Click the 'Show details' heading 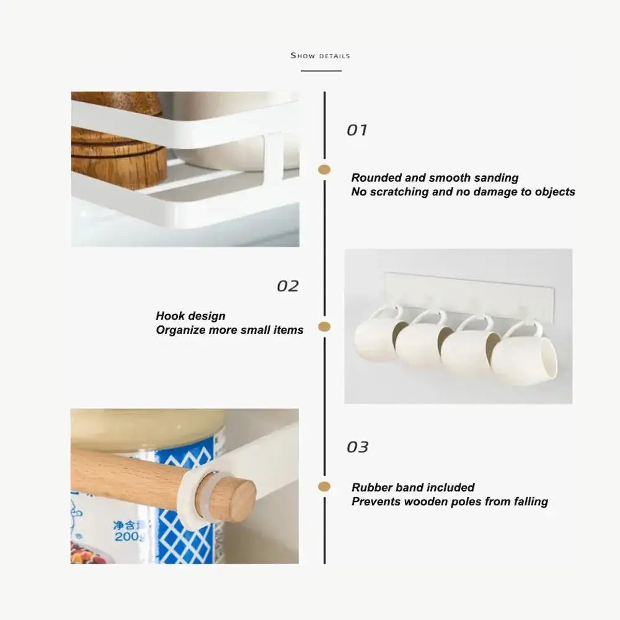click(x=321, y=56)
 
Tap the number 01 click(x=356, y=130)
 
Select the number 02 click(x=288, y=286)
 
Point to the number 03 click(x=358, y=447)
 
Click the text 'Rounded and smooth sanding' click(x=435, y=177)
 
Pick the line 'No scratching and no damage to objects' click(x=463, y=192)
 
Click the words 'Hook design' click(x=190, y=316)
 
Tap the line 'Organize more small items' click(x=230, y=330)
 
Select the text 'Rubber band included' click(x=413, y=487)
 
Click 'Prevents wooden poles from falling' click(x=449, y=502)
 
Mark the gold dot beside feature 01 click(x=324, y=170)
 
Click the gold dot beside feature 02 click(x=324, y=327)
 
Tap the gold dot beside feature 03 click(x=324, y=486)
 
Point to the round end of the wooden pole click(x=233, y=499)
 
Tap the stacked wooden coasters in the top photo click(x=118, y=146)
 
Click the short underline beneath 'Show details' click(x=321, y=71)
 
